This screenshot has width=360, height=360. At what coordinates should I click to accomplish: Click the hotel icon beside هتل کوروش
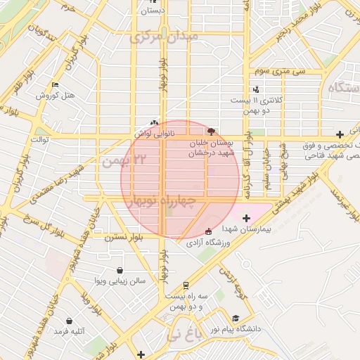pos(55,84)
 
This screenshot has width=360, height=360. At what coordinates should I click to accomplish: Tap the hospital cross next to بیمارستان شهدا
pos(246,219)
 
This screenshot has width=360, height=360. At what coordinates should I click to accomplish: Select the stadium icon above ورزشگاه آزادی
pos(207,231)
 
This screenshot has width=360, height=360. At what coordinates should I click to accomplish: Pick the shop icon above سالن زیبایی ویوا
pos(120,270)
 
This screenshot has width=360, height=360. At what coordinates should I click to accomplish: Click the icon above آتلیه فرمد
pos(68,321)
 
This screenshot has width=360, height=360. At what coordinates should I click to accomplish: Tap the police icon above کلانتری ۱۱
pos(256,89)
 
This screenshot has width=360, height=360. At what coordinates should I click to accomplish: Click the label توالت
pos(38,140)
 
